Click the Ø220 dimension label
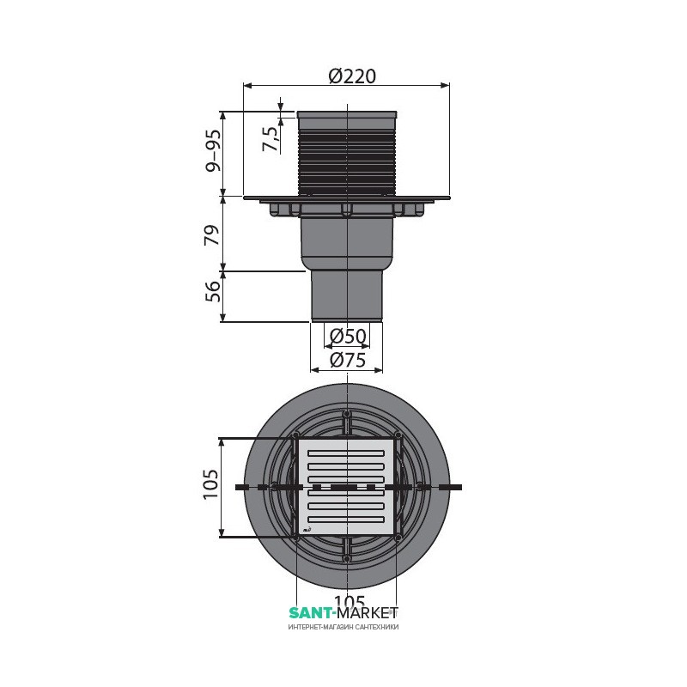[352, 76]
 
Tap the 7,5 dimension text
[271, 139]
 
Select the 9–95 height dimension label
[213, 151]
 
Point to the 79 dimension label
[212, 234]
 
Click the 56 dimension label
[212, 291]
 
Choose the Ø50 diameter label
[348, 336]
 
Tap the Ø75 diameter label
[348, 360]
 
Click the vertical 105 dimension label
[210, 484]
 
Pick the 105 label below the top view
[350, 600]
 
